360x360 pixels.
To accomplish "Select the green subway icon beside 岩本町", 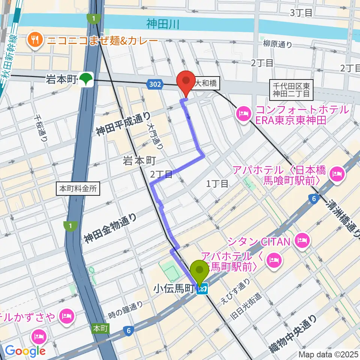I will click(88, 79).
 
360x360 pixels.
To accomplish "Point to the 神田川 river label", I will click(163, 25).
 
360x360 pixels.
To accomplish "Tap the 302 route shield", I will click(155, 85).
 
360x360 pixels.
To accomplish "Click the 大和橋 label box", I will click(205, 84).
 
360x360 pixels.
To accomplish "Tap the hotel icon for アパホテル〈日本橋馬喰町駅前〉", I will click(336, 173).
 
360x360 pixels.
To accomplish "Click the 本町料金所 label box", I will click(78, 189).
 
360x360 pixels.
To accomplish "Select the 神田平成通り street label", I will click(123, 125).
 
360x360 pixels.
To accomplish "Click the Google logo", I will click(25, 351).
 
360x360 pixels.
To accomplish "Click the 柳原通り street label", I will click(277, 44).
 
